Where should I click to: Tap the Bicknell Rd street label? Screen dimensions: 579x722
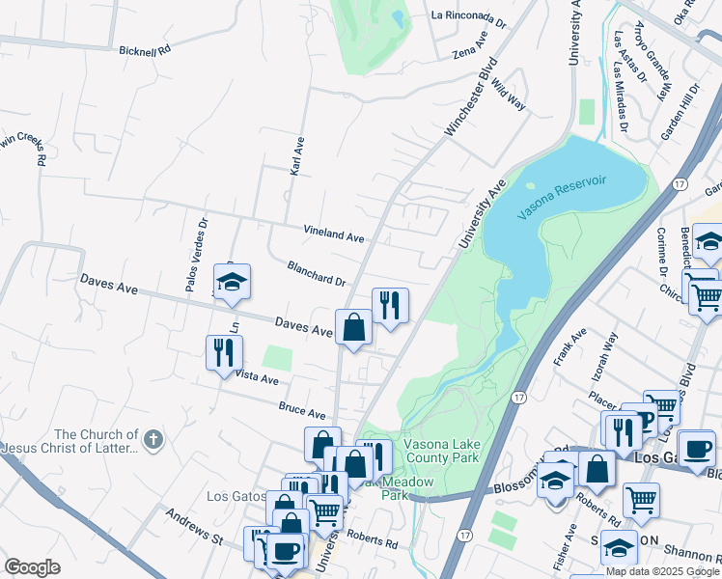[x=145, y=49]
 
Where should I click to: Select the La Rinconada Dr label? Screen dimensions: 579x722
[x=468, y=16]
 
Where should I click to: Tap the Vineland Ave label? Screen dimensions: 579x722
[x=334, y=234]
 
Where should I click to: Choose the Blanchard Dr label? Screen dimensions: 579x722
[x=316, y=273]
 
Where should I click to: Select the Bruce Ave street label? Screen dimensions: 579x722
[x=302, y=412]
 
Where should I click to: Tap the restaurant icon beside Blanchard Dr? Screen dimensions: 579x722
[x=390, y=305]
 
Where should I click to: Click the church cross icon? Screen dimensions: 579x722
[x=153, y=440]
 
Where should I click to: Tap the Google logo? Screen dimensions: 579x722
[x=32, y=567]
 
